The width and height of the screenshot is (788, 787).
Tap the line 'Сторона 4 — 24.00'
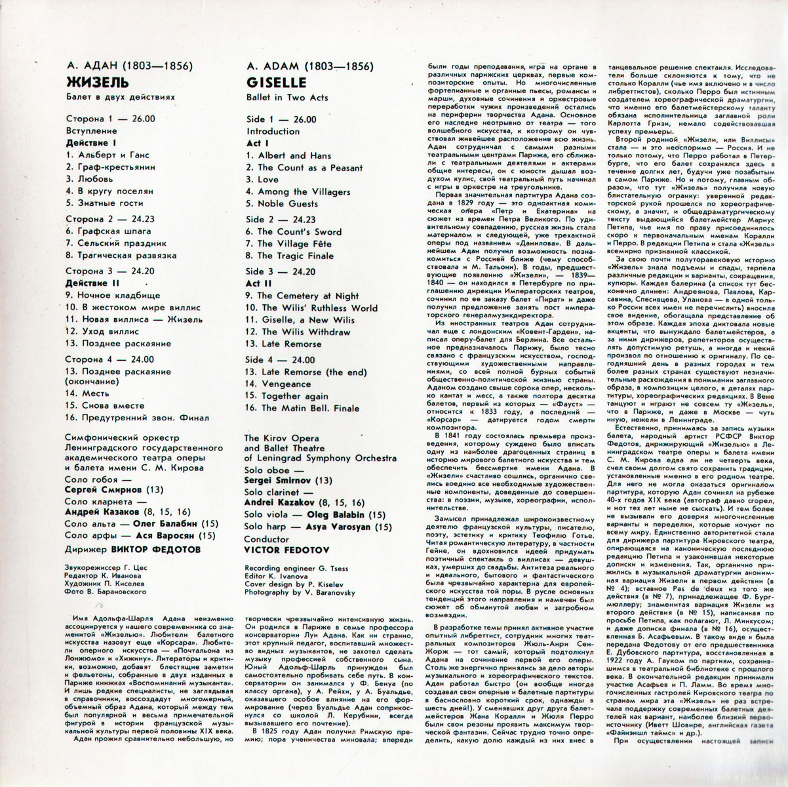(111, 359)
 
